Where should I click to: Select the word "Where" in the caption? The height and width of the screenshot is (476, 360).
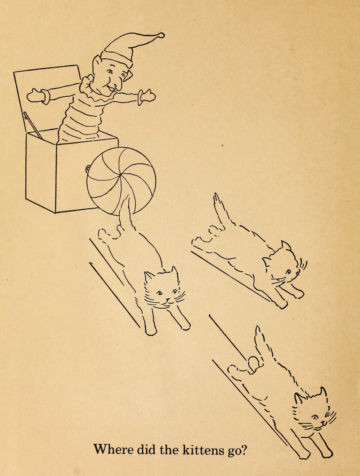pos(113,449)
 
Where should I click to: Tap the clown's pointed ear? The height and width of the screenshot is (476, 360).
pos(97,61)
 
